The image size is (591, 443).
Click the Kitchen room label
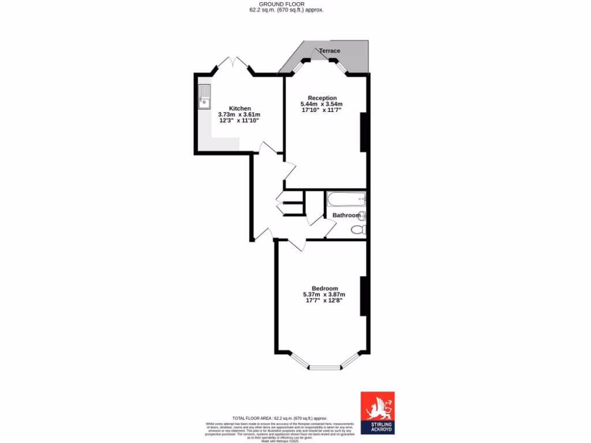coord(240,108)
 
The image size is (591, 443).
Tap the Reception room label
coord(322,97)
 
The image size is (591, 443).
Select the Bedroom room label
coord(324,288)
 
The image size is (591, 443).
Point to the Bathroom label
coord(346,216)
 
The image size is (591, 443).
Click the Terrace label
coord(330,51)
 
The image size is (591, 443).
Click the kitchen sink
coord(204,97)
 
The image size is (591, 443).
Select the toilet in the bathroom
coord(358,230)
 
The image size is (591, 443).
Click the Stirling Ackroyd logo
coord(377,413)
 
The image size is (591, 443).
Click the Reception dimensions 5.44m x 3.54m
coord(322,104)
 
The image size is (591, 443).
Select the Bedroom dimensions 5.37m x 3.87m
coord(324,294)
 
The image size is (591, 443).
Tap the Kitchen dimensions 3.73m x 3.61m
coord(240,115)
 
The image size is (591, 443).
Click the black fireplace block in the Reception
coord(364,132)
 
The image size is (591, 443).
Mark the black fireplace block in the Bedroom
coord(364,296)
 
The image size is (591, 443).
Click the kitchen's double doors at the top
coord(233,63)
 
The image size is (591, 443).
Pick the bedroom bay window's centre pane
coord(324,367)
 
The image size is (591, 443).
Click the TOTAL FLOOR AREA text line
coord(279,418)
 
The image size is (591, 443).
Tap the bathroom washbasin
coord(362,216)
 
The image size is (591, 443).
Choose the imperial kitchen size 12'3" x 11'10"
coord(240,121)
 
